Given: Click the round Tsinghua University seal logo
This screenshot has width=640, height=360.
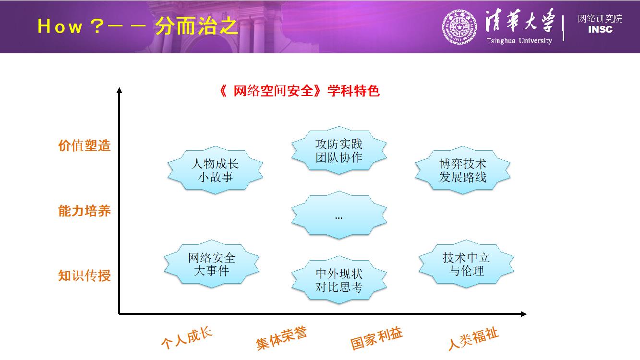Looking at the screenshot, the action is coord(459,27).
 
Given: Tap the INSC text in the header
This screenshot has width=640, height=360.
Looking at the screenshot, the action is coord(600,29).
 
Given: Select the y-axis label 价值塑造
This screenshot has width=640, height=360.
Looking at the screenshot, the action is coord(85,145).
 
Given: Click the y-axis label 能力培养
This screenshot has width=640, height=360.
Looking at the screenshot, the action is coord(85,211).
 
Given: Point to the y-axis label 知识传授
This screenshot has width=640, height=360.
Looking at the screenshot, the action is coord(85,276).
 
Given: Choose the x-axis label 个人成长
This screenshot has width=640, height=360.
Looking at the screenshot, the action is coord(187,338).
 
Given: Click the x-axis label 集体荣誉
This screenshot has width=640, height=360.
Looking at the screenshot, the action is coord(281,338).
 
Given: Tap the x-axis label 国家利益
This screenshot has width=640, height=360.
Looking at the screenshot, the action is coord(376,338).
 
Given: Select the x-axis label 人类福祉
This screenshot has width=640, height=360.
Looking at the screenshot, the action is coord(473,338).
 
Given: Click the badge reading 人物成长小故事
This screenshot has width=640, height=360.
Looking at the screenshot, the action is coord(215,170).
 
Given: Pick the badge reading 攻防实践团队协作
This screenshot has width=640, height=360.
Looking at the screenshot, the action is coord(339,151).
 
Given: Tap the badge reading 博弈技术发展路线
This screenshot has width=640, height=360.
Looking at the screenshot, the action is coord(462,170).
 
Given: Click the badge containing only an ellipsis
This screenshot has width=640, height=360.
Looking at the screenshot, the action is coord(339,215).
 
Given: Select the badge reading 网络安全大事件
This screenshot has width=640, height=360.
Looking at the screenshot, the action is coord(211,264).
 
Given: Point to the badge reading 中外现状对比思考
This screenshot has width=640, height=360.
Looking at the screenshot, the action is coord(339,280).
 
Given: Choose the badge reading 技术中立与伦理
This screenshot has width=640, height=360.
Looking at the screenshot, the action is coord(466,264).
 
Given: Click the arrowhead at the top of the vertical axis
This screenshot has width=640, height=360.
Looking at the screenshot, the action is coord(119,90).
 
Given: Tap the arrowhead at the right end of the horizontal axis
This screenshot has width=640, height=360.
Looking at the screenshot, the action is coord(523,314).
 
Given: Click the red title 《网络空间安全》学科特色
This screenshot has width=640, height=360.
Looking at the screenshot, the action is coord(299,91).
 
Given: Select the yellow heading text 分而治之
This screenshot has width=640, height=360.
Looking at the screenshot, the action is coord(196,26).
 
